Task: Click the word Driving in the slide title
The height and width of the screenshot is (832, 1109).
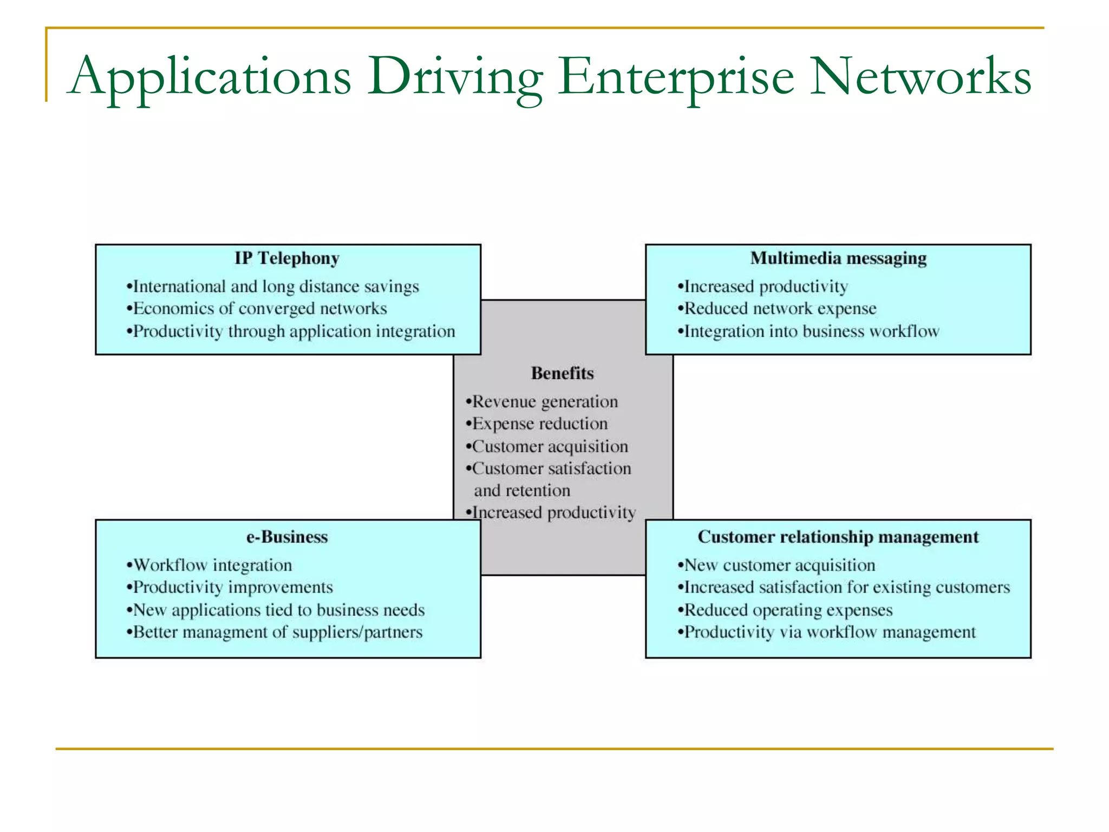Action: (455, 77)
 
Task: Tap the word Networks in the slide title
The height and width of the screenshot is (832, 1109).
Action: (920, 77)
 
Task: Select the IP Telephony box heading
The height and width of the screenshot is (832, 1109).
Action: (287, 258)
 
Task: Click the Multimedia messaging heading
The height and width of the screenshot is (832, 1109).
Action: (838, 258)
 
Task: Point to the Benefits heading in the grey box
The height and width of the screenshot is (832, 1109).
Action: (562, 373)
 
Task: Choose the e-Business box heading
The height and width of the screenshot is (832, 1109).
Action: (287, 537)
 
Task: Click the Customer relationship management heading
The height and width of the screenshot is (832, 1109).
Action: (838, 537)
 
